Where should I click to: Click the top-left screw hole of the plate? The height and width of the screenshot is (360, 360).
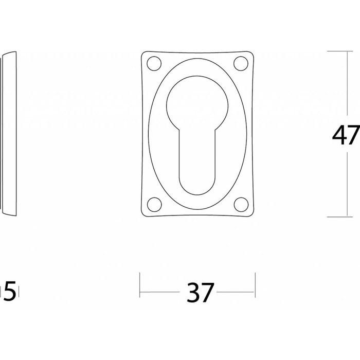pyautogui.click(x=153, y=64)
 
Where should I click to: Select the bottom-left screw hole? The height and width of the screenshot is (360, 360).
pyautogui.click(x=153, y=204)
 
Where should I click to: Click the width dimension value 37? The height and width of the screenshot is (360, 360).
pyautogui.click(x=200, y=293)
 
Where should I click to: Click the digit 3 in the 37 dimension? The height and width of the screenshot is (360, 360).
pyautogui.click(x=193, y=293)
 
